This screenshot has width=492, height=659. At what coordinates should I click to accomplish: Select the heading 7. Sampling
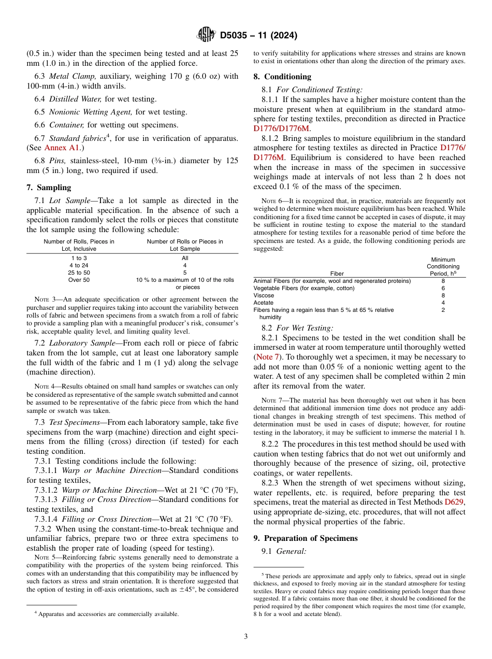click(x=49, y=188)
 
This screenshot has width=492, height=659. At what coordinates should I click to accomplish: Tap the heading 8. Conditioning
click(x=282, y=77)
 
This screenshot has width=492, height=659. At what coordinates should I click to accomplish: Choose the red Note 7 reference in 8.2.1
click(x=268, y=357)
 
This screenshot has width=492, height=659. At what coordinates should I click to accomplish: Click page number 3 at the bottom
click(x=245, y=637)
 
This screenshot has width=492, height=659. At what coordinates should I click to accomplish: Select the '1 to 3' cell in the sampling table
click(x=79, y=258)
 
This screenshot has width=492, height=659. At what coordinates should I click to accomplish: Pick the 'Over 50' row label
click(x=79, y=280)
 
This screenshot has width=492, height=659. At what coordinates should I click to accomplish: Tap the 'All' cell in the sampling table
click(x=185, y=258)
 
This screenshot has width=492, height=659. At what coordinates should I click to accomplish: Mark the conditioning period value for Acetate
click(x=443, y=303)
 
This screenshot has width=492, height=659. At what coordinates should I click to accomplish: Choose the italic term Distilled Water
click(x=75, y=99)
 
